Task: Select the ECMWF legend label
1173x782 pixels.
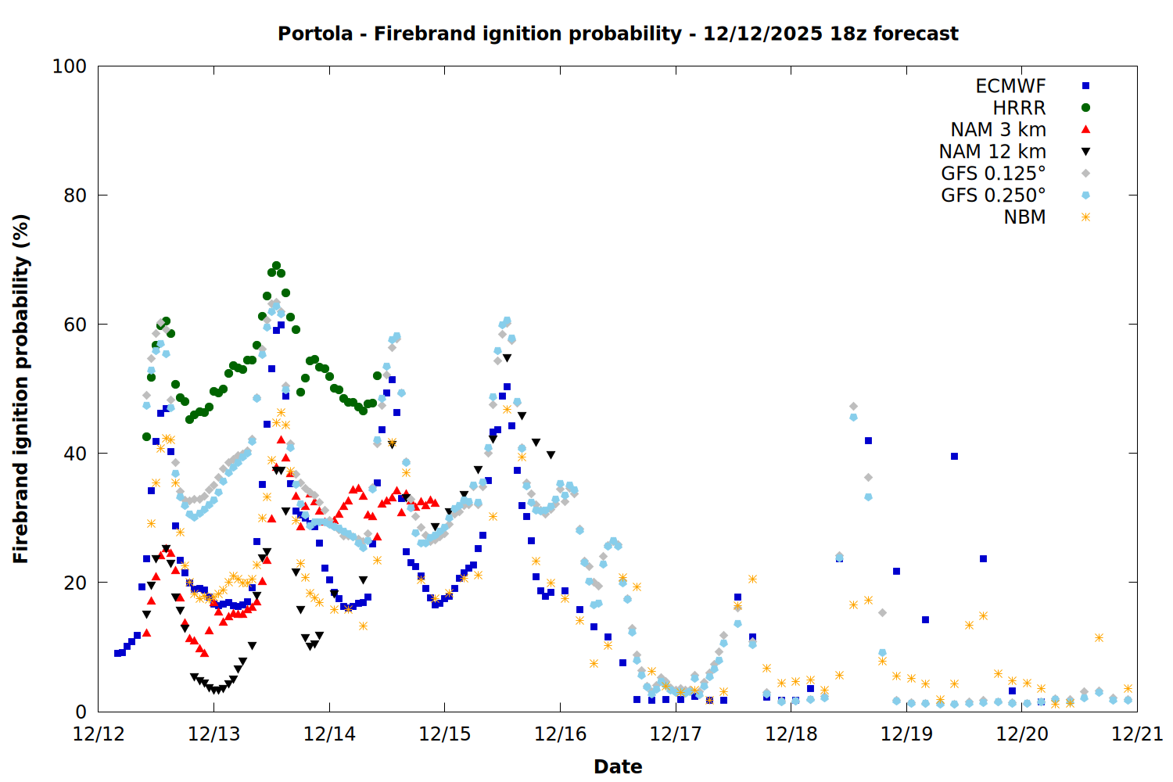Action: (1010, 86)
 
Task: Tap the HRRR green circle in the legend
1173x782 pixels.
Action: (1085, 108)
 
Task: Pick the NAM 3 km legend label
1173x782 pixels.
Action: (998, 130)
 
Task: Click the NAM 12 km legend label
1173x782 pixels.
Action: (992, 152)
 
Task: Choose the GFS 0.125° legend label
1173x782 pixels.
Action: (993, 174)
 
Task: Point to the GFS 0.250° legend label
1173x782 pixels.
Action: (993, 195)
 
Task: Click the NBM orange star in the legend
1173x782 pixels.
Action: (1085, 217)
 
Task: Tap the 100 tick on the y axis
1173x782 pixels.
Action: (70, 66)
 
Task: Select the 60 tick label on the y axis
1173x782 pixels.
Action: (75, 325)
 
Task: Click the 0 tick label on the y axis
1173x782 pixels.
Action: (81, 712)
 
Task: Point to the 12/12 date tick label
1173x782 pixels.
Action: (99, 734)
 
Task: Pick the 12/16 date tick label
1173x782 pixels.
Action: (560, 734)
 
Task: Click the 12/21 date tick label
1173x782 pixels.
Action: (1137, 734)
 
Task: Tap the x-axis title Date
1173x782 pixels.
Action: (618, 766)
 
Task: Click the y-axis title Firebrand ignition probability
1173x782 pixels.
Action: (21, 389)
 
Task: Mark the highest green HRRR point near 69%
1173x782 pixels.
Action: (276, 266)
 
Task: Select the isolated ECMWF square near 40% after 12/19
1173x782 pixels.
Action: (954, 456)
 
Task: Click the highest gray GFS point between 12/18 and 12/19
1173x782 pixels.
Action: (853, 407)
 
